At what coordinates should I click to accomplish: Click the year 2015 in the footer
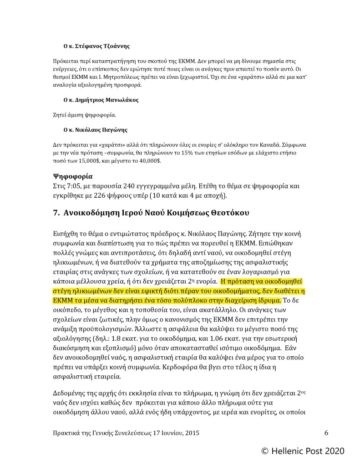[x=190, y=433]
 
